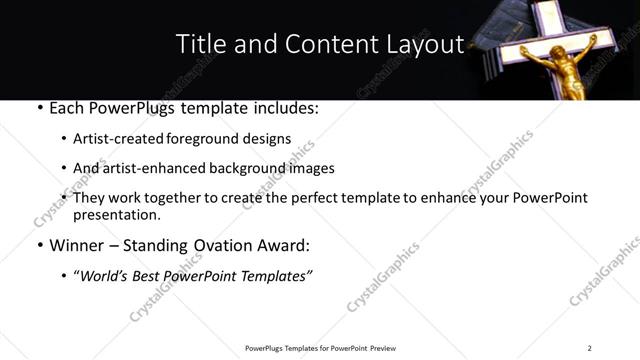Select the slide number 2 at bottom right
tap(589, 347)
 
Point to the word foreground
tap(225, 139)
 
